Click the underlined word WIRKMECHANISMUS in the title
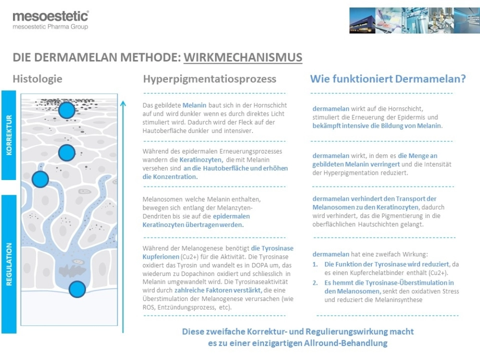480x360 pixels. tap(243, 58)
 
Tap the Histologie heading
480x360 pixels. tap(37, 79)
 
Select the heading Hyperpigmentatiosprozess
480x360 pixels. tap(209, 79)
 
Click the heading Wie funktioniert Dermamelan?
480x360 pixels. tap(388, 79)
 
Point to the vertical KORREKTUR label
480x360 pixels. tap(9, 135)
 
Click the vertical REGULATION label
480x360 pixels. tap(9, 264)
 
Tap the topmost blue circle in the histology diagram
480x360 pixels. tap(67, 110)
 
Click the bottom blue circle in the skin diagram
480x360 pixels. tap(77, 289)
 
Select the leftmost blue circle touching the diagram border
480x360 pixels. tap(40, 180)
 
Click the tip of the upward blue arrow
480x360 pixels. tap(123, 102)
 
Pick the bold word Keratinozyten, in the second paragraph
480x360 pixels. tap(201, 159)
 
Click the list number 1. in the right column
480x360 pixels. tap(315, 264)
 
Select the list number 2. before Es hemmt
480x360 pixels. tap(315, 283)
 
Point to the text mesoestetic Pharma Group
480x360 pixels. tap(50, 27)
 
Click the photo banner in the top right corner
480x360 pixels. tap(414, 20)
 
